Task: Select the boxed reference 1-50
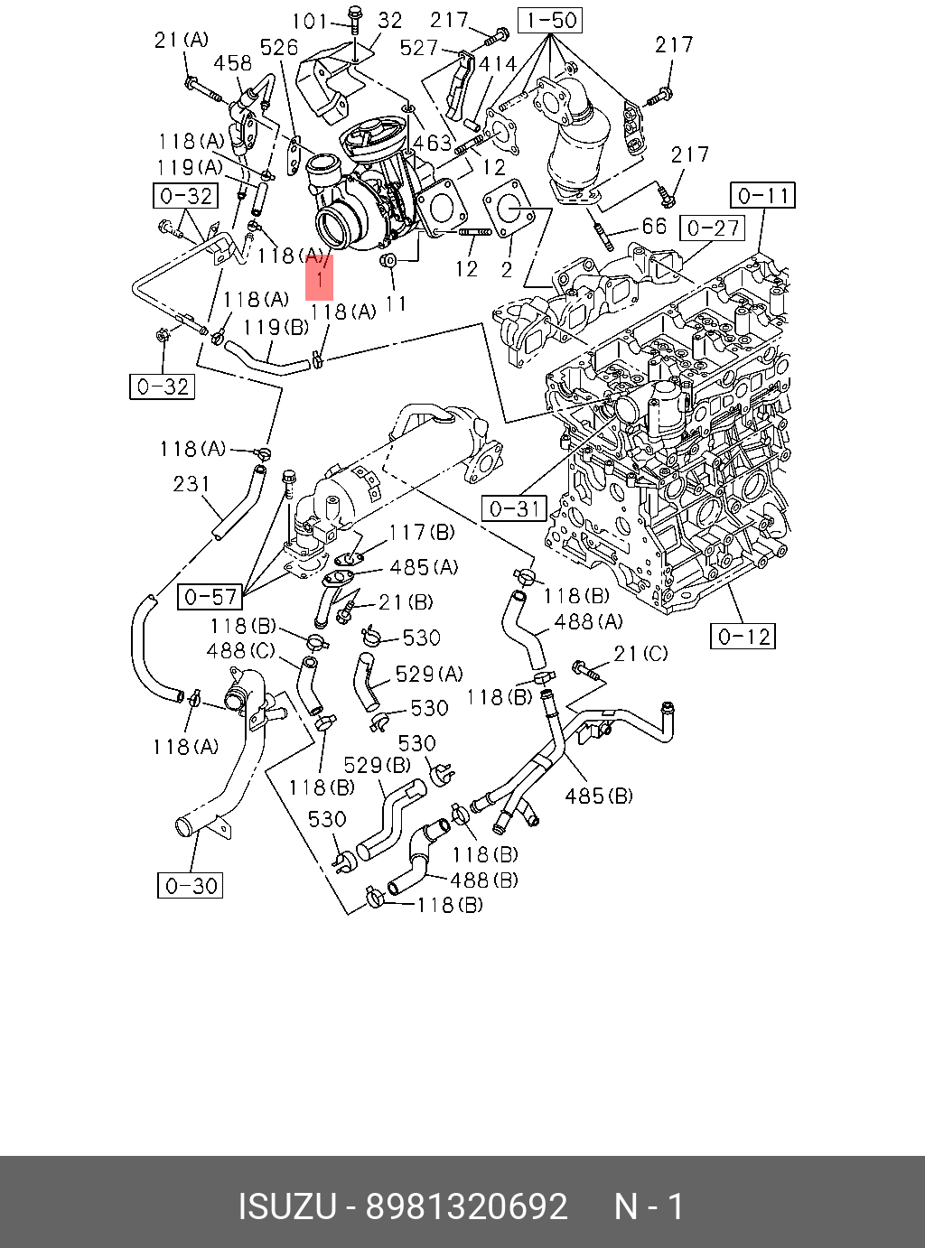click(551, 20)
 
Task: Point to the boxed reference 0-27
click(713, 228)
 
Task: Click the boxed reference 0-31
click(514, 509)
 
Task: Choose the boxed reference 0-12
click(743, 637)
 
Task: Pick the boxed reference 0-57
click(210, 596)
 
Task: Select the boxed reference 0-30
click(190, 885)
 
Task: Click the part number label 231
click(192, 484)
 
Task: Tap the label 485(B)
click(599, 796)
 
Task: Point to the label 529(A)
click(429, 674)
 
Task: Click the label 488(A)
click(588, 621)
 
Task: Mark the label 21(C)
click(640, 653)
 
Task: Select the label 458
click(232, 63)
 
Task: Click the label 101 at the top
click(311, 20)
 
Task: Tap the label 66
click(654, 226)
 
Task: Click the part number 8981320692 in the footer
click(466, 1206)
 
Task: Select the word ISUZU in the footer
click(286, 1206)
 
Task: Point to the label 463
click(432, 143)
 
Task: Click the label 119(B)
click(276, 327)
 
